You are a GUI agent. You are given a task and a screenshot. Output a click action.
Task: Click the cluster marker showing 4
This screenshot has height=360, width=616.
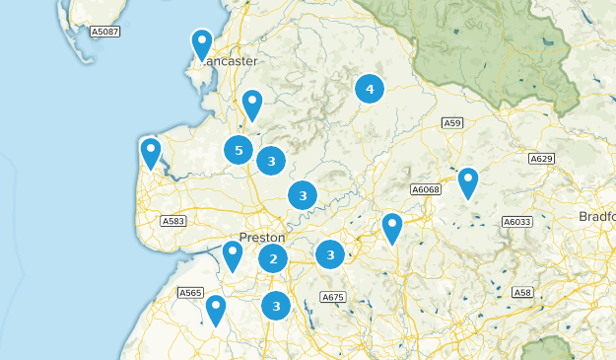(370, 90)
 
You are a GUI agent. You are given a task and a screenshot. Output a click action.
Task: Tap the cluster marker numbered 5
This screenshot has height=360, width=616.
(237, 150)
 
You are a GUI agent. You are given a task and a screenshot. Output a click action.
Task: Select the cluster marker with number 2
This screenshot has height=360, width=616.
(273, 259)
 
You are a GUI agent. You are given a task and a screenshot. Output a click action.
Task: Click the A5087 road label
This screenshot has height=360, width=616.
(104, 33)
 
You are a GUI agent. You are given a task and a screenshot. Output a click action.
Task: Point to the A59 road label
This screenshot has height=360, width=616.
(452, 122)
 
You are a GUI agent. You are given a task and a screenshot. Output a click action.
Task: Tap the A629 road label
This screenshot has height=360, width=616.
(541, 158)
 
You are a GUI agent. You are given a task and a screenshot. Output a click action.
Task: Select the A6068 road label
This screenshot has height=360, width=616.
(426, 188)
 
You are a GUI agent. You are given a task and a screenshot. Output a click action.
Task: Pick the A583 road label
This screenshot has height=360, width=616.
(173, 221)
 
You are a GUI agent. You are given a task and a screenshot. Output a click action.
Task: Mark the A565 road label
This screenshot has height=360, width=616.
(190, 293)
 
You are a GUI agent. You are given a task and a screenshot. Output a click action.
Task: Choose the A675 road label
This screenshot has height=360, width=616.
(333, 297)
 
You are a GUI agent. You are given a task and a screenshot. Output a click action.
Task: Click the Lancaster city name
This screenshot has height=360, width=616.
(233, 61)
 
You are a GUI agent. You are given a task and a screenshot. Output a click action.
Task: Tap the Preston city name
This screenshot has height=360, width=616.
(261, 238)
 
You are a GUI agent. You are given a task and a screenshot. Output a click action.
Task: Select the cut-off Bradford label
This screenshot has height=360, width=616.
(597, 216)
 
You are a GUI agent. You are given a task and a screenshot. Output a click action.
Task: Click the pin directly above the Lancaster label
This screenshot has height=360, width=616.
(202, 45)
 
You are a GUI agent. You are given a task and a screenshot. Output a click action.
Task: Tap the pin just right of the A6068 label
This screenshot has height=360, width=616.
(467, 183)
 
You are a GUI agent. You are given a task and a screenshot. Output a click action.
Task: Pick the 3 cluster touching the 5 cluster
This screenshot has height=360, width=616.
(271, 160)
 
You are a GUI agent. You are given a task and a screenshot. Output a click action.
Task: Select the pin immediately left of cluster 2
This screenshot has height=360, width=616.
(233, 256)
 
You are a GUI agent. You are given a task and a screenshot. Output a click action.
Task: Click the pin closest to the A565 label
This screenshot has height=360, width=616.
(215, 311)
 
